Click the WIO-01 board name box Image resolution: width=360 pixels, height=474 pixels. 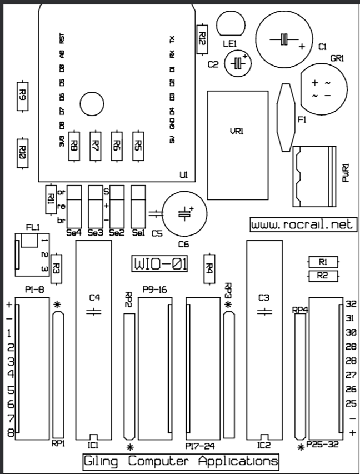[159, 263]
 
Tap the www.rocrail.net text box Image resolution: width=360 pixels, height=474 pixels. [302, 224]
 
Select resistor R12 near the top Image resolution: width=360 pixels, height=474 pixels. [202, 39]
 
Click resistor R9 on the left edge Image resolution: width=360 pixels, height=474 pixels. [22, 93]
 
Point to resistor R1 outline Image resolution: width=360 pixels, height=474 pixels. [322, 261]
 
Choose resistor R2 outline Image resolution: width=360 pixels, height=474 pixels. [322, 276]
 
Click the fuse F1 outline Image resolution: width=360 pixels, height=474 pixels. [286, 117]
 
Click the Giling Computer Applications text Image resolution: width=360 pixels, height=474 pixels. [181, 461]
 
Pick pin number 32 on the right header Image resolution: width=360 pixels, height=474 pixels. [350, 304]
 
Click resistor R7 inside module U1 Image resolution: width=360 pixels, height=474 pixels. [96, 146]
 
